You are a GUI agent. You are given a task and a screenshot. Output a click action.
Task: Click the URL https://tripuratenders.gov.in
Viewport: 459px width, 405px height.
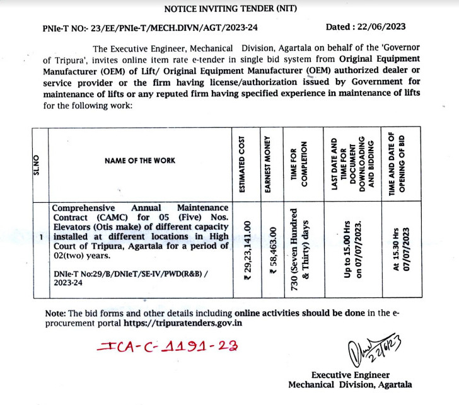tap(182, 323)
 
